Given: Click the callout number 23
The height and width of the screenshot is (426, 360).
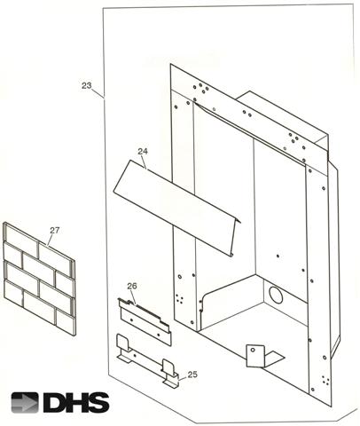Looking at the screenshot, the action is coord(87,86).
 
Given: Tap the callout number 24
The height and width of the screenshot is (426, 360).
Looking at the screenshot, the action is coord(143,151).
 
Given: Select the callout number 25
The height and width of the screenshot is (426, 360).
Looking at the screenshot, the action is coord(192,375).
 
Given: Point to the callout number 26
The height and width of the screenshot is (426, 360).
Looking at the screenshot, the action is coord(132,286).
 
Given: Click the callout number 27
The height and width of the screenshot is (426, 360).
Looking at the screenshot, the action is coord(55,230).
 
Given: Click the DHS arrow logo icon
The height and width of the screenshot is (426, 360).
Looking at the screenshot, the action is coord(25,403).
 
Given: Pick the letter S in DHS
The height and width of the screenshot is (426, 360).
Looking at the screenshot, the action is coord(98,403).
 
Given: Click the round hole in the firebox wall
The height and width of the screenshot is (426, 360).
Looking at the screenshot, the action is coord(276,295).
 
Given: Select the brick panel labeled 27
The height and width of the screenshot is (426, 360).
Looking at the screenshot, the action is coord(39,279).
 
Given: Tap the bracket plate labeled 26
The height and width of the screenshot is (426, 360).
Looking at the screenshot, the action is coord(145,321).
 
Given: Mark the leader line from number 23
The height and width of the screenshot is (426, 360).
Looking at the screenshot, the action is coord(98,93).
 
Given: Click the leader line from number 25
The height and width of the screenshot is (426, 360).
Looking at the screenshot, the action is coord(184,378).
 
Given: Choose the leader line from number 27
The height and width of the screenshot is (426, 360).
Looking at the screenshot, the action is coord(51,240).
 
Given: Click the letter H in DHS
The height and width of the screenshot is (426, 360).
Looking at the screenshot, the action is coord(75,403).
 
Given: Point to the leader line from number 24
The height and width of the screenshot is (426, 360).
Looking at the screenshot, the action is coord(144,162).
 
